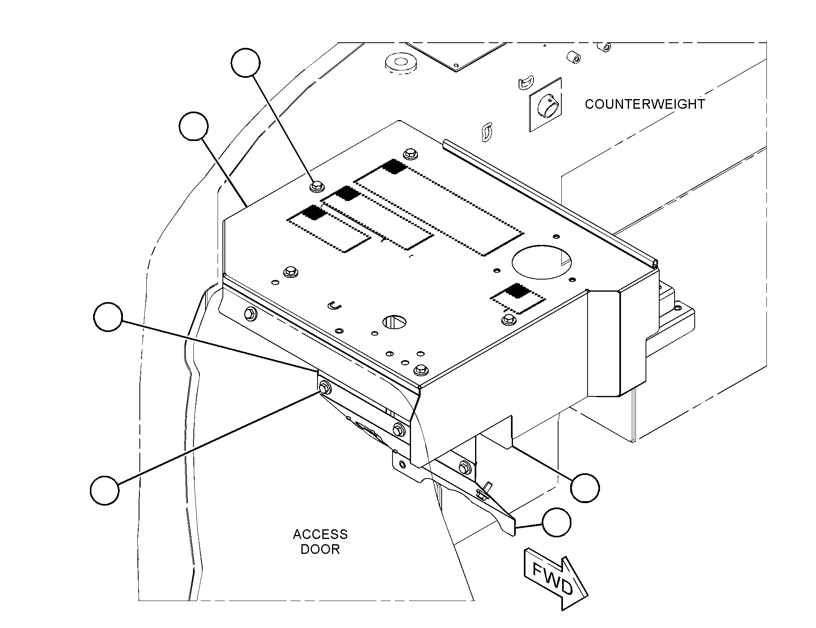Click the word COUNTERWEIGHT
pos(645,104)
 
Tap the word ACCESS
pos(320,535)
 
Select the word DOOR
pos(320,549)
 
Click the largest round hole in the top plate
pos(542,262)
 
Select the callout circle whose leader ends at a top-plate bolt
pos(246,62)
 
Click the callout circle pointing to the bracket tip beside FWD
pos(556,522)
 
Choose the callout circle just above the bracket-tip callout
pos(585,488)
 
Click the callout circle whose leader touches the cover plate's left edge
pos(194,126)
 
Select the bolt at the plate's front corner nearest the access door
pos(421,368)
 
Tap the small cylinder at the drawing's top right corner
pos(603,48)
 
